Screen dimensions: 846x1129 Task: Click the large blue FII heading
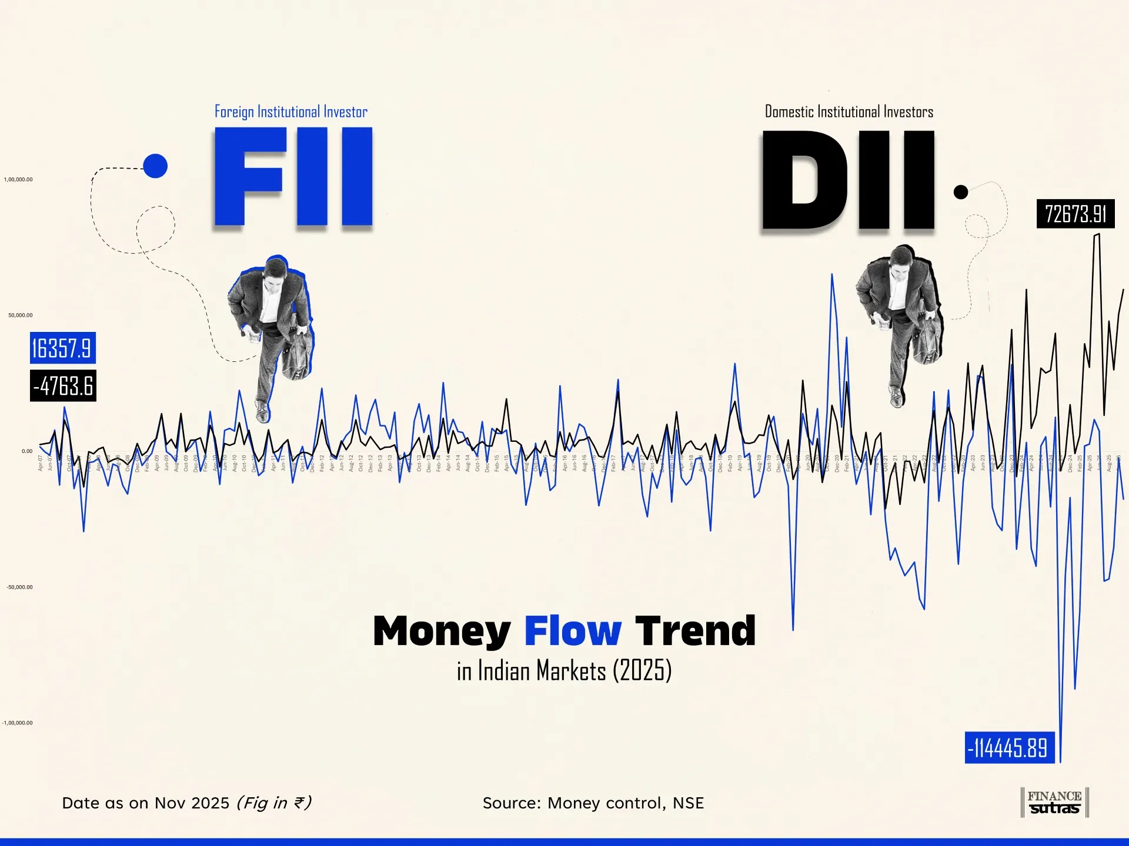[293, 177]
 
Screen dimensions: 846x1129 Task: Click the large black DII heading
[848, 180]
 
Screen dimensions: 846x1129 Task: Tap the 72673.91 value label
[1075, 214]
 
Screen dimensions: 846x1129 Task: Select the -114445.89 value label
[1009, 748]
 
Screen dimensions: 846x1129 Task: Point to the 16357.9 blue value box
[62, 348]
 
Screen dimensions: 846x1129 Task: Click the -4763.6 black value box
[63, 385]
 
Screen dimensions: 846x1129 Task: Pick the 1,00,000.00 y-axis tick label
[18, 180]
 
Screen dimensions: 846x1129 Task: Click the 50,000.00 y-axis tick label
[21, 315]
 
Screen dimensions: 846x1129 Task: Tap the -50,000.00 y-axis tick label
[20, 587]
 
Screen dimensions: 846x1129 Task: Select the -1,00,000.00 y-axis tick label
[18, 723]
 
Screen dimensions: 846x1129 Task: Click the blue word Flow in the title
[572, 631]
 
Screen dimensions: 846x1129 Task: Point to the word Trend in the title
[695, 631]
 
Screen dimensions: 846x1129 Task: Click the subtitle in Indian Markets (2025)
[564, 671]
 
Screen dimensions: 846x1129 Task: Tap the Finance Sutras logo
[1054, 803]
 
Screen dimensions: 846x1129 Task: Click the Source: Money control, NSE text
[593, 803]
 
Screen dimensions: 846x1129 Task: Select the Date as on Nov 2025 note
[186, 803]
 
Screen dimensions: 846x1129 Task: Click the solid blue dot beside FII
[155, 166]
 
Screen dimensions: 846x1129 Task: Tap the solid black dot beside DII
[960, 192]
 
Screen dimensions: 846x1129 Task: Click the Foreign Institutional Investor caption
[290, 112]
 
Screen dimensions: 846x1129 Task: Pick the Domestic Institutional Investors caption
[849, 112]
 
